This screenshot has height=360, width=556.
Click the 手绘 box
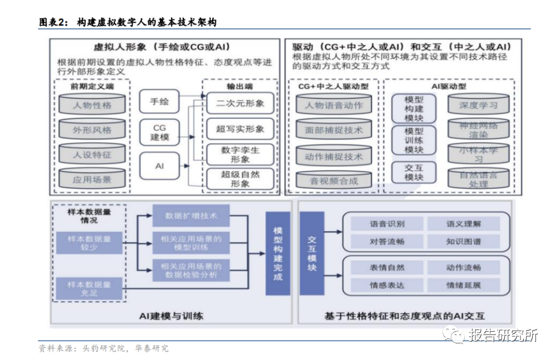coord(159,102)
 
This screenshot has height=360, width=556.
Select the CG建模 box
coord(159,132)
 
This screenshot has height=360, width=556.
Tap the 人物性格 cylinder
coord(92,104)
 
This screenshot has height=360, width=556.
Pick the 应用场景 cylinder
coord(92,179)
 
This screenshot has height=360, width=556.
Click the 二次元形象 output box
coord(240,103)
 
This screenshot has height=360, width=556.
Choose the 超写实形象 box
coord(240,129)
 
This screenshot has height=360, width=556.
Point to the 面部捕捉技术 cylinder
coord(334,131)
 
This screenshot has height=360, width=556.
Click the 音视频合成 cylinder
coord(334,181)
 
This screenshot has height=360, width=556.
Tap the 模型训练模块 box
coord(413,141)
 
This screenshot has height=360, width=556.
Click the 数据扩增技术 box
coord(191,215)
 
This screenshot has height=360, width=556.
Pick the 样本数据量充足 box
coord(89,288)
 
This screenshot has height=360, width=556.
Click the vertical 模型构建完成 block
coord(278,253)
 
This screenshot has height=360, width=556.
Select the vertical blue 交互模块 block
coord(312,253)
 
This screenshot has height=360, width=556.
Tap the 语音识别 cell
coord(387,224)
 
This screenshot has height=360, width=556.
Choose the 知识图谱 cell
coord(463,242)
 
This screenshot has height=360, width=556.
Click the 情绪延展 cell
coord(463,286)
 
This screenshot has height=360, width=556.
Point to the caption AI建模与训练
coord(171,316)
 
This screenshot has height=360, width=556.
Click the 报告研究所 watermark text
coord(503,336)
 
